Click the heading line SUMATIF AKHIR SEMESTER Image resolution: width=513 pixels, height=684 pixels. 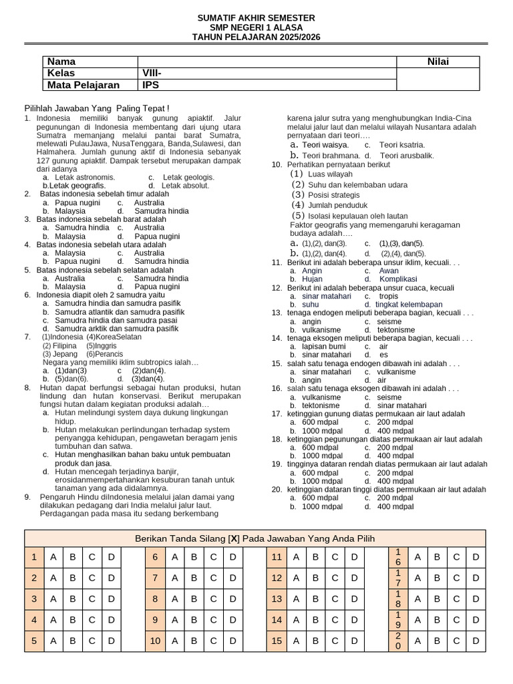(x=256, y=17)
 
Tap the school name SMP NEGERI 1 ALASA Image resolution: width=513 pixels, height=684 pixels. (x=256, y=27)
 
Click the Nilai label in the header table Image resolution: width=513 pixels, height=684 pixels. (x=438, y=61)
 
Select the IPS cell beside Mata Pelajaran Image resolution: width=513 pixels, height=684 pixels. (x=150, y=85)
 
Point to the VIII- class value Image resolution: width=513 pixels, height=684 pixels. (x=152, y=73)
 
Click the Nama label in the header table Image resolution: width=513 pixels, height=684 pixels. (x=61, y=61)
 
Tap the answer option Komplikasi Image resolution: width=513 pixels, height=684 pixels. (x=398, y=279)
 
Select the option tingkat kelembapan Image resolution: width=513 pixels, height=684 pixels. (x=408, y=304)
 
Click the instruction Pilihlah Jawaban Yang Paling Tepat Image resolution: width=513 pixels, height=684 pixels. (x=97, y=108)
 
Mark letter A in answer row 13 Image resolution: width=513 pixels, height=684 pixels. (x=295, y=599)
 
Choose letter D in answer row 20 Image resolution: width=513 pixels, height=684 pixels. (x=476, y=642)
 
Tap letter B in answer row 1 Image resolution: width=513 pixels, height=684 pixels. (x=72, y=556)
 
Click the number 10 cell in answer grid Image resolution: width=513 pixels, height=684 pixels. (x=156, y=642)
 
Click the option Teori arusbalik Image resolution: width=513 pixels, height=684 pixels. (x=406, y=156)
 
